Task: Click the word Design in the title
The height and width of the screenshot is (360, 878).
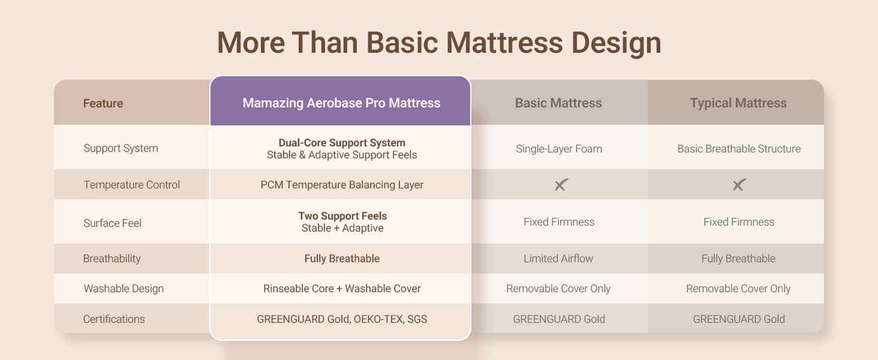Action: tap(616, 44)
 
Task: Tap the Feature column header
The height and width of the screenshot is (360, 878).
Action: tap(103, 103)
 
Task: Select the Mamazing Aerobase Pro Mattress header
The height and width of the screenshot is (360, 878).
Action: tap(341, 103)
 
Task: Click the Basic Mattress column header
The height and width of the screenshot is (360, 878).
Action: tap(558, 103)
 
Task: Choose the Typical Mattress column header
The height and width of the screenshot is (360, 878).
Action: tap(738, 103)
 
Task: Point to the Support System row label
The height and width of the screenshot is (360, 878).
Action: tap(121, 148)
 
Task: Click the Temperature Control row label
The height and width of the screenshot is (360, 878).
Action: tap(132, 185)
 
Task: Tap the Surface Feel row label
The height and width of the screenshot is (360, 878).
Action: tap(113, 223)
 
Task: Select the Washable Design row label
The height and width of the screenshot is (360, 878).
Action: tap(124, 289)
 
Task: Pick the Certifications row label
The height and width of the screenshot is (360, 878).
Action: tap(114, 319)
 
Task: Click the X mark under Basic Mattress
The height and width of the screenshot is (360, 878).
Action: tap(561, 184)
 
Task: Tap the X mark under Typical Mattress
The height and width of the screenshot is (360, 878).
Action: tap(739, 184)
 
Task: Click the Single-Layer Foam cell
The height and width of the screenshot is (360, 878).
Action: tap(559, 149)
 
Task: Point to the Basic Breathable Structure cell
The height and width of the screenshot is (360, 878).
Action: tap(739, 149)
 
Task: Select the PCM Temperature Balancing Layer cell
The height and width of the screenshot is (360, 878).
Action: tap(342, 185)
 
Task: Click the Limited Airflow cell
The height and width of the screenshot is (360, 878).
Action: tap(558, 259)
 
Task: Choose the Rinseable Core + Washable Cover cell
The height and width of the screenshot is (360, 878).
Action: tap(342, 289)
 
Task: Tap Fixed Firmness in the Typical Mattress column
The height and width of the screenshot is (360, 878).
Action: tap(739, 222)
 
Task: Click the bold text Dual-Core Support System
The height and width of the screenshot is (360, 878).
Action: tap(342, 142)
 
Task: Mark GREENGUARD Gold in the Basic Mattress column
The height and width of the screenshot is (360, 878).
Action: tap(559, 319)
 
